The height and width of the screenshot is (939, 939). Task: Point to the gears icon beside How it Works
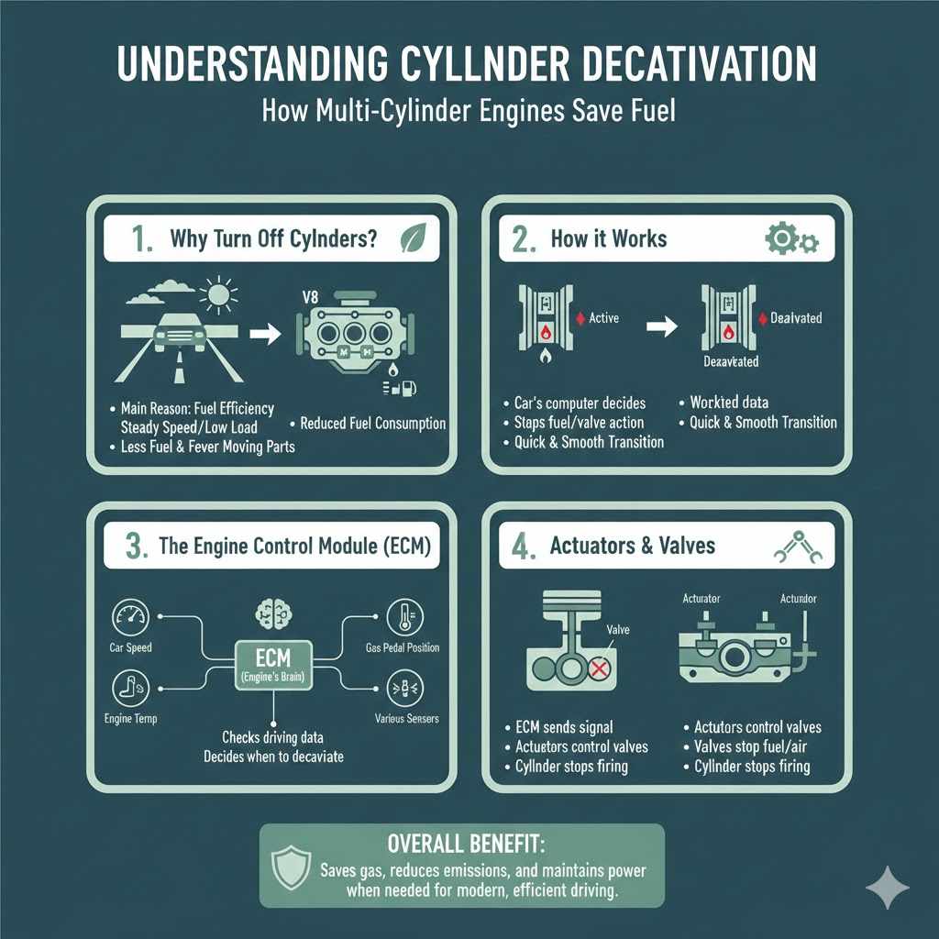coord(791,240)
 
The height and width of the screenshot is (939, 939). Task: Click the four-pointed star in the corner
coord(888,889)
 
